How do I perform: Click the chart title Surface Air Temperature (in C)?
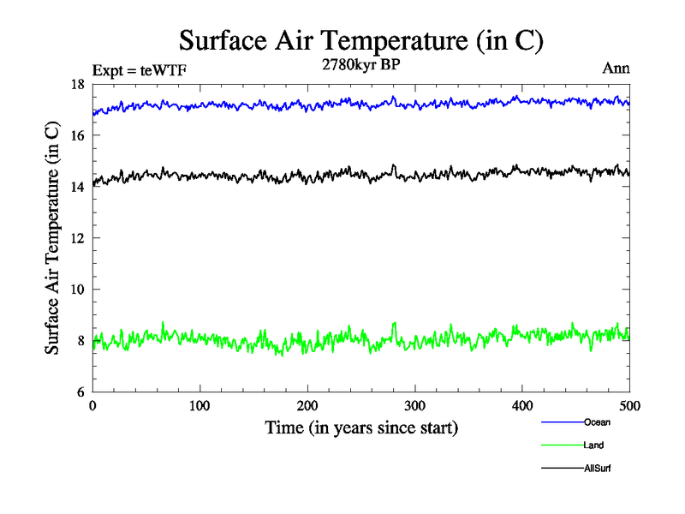(361, 40)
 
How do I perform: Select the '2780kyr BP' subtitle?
(360, 63)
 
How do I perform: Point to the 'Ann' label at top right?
(616, 69)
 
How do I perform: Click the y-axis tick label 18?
(76, 84)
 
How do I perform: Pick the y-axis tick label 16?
(76, 135)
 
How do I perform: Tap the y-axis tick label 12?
(76, 238)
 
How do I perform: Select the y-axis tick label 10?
(76, 290)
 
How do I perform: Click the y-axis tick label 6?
(80, 391)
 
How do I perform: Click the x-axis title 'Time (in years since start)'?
(361, 427)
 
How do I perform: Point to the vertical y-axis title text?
(52, 238)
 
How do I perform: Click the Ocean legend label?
(597, 422)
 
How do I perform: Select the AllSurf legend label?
(598, 469)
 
